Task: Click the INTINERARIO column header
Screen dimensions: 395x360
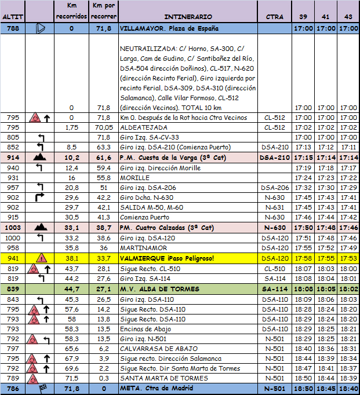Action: [188, 16]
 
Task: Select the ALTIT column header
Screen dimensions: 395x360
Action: [13, 16]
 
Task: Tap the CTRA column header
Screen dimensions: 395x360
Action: [274, 16]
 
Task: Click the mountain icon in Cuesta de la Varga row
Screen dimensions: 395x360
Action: [41, 158]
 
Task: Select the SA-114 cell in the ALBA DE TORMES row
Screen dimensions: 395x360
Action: [274, 289]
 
